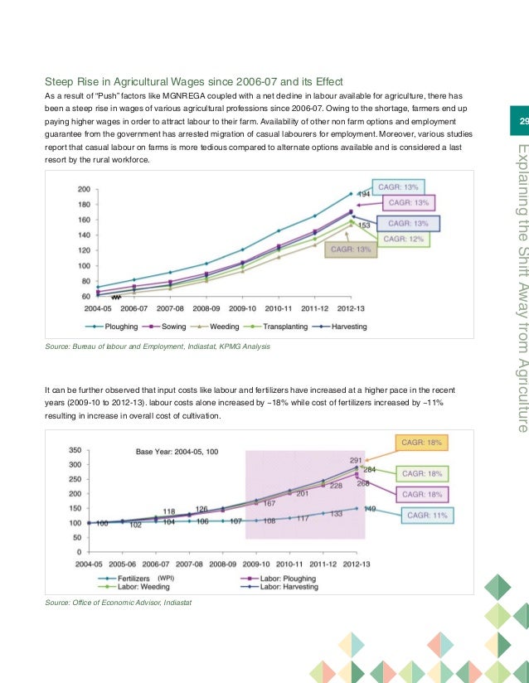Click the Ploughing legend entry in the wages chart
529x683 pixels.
[x=129, y=327]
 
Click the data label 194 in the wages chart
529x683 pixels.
[x=363, y=194]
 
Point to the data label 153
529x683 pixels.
[x=363, y=225]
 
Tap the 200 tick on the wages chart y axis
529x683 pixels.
[x=84, y=189]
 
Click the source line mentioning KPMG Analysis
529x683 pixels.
[x=158, y=346]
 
